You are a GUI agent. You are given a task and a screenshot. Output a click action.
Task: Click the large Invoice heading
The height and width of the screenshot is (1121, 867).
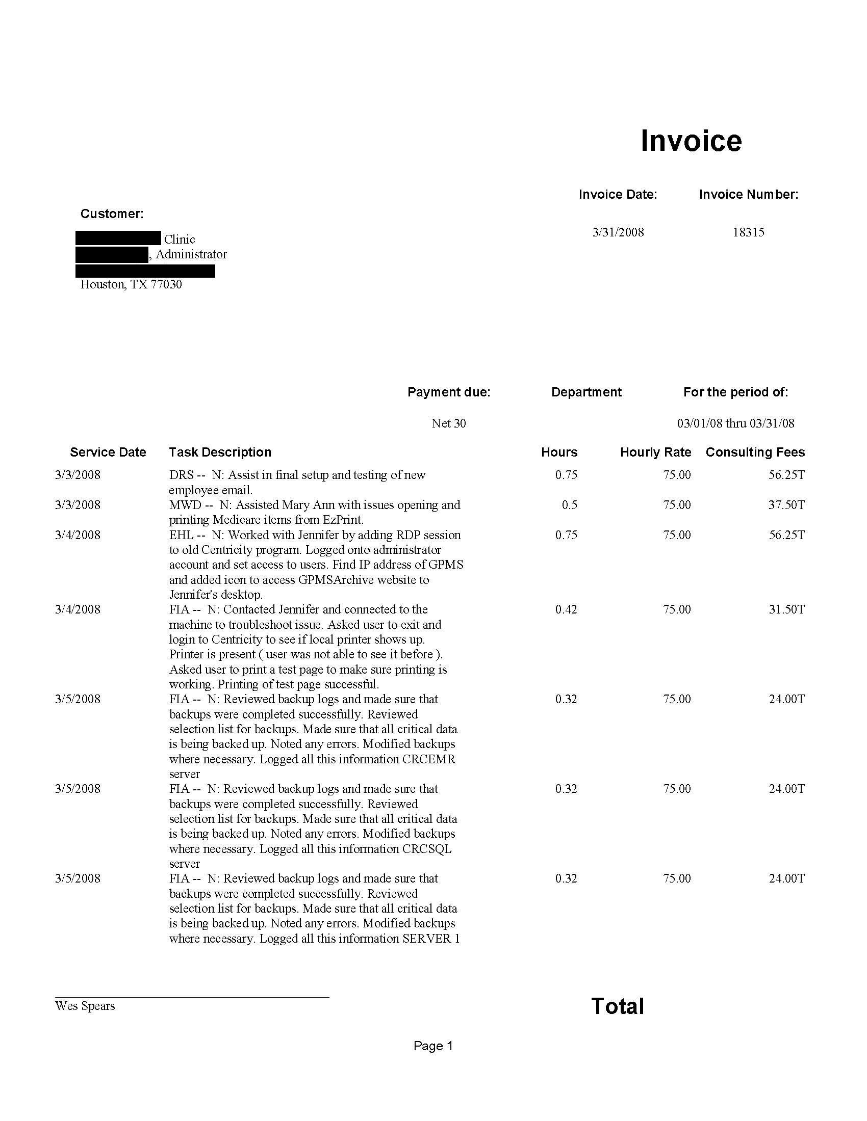tap(691, 141)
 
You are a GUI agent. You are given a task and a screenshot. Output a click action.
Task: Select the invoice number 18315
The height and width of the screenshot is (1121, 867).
tap(748, 232)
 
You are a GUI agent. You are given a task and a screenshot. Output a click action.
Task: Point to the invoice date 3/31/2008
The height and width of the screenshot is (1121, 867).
tap(618, 232)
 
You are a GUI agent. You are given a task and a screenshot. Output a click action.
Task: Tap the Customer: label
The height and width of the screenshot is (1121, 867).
tap(112, 213)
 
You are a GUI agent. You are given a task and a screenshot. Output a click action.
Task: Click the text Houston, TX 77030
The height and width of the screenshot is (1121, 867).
tap(131, 284)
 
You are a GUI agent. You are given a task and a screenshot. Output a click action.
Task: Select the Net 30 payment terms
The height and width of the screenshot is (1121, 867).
tap(448, 423)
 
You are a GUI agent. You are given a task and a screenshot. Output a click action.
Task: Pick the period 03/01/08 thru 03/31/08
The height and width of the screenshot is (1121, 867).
tap(735, 423)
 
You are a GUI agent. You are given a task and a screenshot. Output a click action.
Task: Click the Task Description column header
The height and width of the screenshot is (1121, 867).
tap(220, 452)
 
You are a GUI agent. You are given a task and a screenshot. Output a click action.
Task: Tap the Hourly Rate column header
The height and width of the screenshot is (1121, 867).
tap(655, 452)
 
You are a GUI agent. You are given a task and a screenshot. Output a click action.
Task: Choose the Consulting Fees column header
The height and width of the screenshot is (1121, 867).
tap(755, 452)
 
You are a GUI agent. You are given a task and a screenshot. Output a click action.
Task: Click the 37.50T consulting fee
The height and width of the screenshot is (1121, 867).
tap(786, 504)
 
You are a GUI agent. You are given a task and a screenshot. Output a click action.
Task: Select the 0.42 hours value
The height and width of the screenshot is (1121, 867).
tap(566, 609)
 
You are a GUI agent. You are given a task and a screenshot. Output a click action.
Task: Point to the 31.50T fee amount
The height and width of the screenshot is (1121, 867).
tap(786, 609)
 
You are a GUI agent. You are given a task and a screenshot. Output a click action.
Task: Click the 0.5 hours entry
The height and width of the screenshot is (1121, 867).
tap(569, 504)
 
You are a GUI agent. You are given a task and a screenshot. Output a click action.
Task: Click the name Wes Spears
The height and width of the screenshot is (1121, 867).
tap(85, 1006)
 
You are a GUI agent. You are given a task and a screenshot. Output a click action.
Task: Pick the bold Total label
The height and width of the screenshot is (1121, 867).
tap(618, 1006)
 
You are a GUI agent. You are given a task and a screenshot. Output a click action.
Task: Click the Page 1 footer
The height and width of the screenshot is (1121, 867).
tap(433, 1046)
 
